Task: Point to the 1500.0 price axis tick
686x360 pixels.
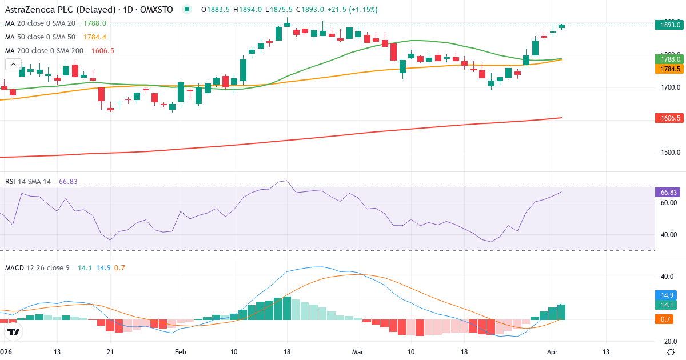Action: (x=667, y=153)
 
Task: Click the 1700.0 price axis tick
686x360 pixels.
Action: (x=667, y=87)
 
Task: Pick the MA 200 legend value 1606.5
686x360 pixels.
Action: (x=103, y=50)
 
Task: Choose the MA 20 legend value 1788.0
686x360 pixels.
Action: (x=95, y=23)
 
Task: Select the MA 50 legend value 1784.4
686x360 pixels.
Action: (x=95, y=37)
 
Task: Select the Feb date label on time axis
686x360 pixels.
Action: (x=181, y=351)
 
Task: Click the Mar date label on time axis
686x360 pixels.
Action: (x=358, y=351)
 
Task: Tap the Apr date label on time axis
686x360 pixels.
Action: (x=552, y=351)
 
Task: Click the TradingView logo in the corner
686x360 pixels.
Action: (x=14, y=331)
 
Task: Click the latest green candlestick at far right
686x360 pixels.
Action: (x=562, y=26)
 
